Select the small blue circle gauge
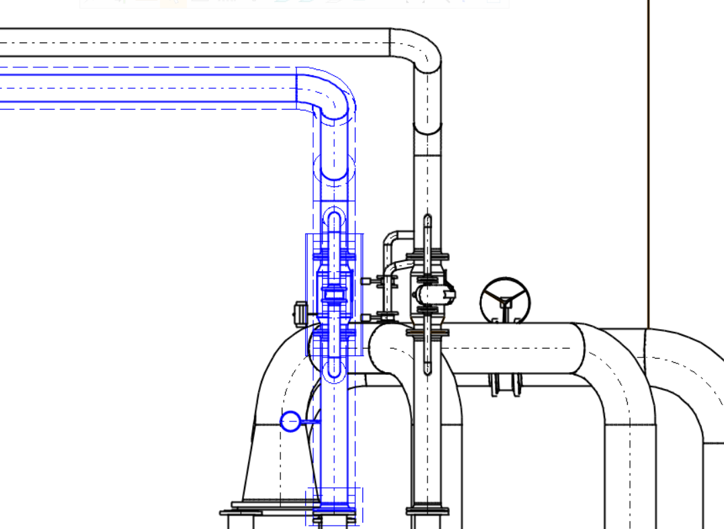click(290, 421)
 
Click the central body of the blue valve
click(334, 293)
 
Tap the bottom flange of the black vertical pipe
click(427, 510)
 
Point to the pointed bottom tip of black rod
click(428, 372)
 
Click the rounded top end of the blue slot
click(334, 217)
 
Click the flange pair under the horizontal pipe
click(505, 386)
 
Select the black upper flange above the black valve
click(428, 256)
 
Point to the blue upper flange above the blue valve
click(334, 256)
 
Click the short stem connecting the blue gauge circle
click(310, 421)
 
